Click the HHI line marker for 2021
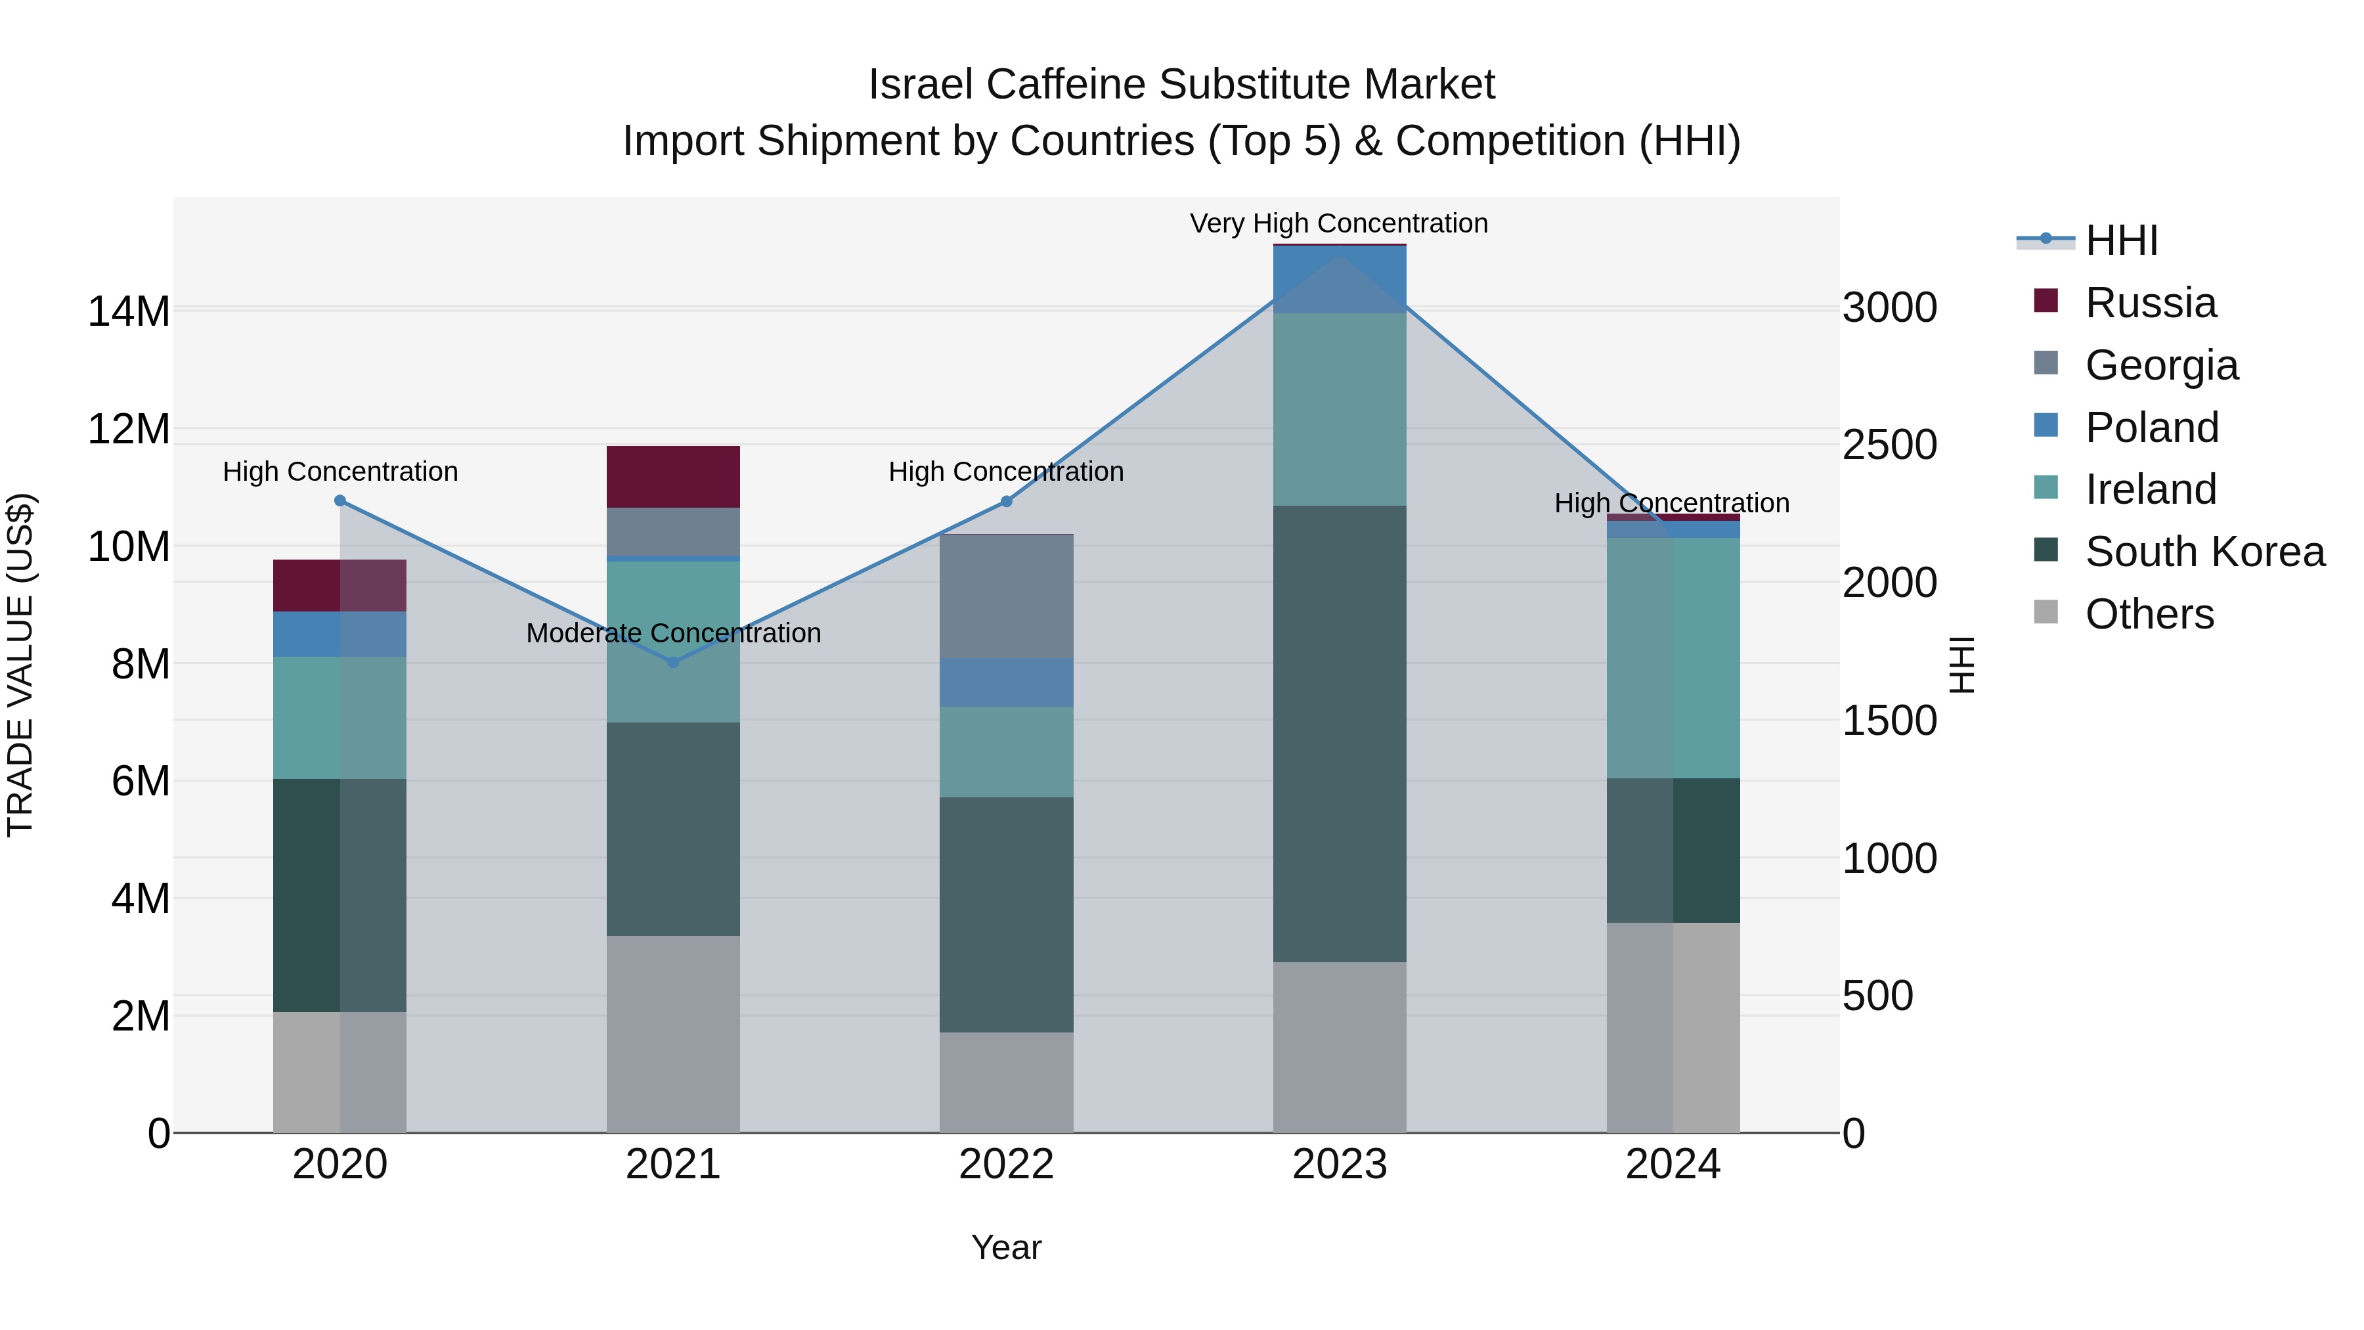[x=672, y=662]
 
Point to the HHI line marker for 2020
[x=339, y=500]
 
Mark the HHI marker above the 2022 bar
[x=1006, y=501]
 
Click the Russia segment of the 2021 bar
[x=672, y=476]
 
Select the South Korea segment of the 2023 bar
[x=1339, y=734]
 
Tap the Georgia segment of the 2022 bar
[x=1006, y=596]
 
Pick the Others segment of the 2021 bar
[x=672, y=1034]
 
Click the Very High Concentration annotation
[x=1338, y=223]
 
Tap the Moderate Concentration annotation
[x=672, y=632]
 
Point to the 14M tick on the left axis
[x=129, y=311]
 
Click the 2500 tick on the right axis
[x=1889, y=445]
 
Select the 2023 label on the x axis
[x=1339, y=1164]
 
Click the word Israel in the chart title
[x=921, y=85]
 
